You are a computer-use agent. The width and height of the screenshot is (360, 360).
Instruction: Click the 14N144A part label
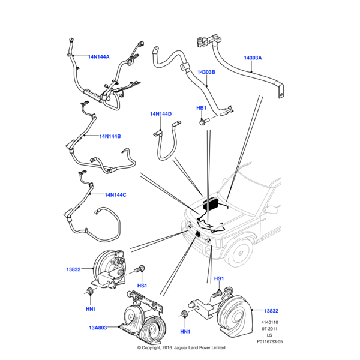tap(98, 57)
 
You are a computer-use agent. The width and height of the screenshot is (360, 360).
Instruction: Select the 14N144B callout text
tap(110, 136)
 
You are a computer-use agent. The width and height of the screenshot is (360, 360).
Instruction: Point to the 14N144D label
tap(160, 113)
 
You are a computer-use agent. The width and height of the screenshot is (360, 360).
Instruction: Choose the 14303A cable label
tap(253, 58)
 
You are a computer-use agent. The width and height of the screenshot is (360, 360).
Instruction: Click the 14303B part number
tap(206, 72)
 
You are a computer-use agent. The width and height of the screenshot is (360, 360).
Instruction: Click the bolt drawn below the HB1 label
tap(203, 122)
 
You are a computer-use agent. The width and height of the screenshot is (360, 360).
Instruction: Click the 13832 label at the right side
tap(271, 310)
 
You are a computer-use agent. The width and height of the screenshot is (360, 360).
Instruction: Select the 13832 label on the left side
tap(74, 270)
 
